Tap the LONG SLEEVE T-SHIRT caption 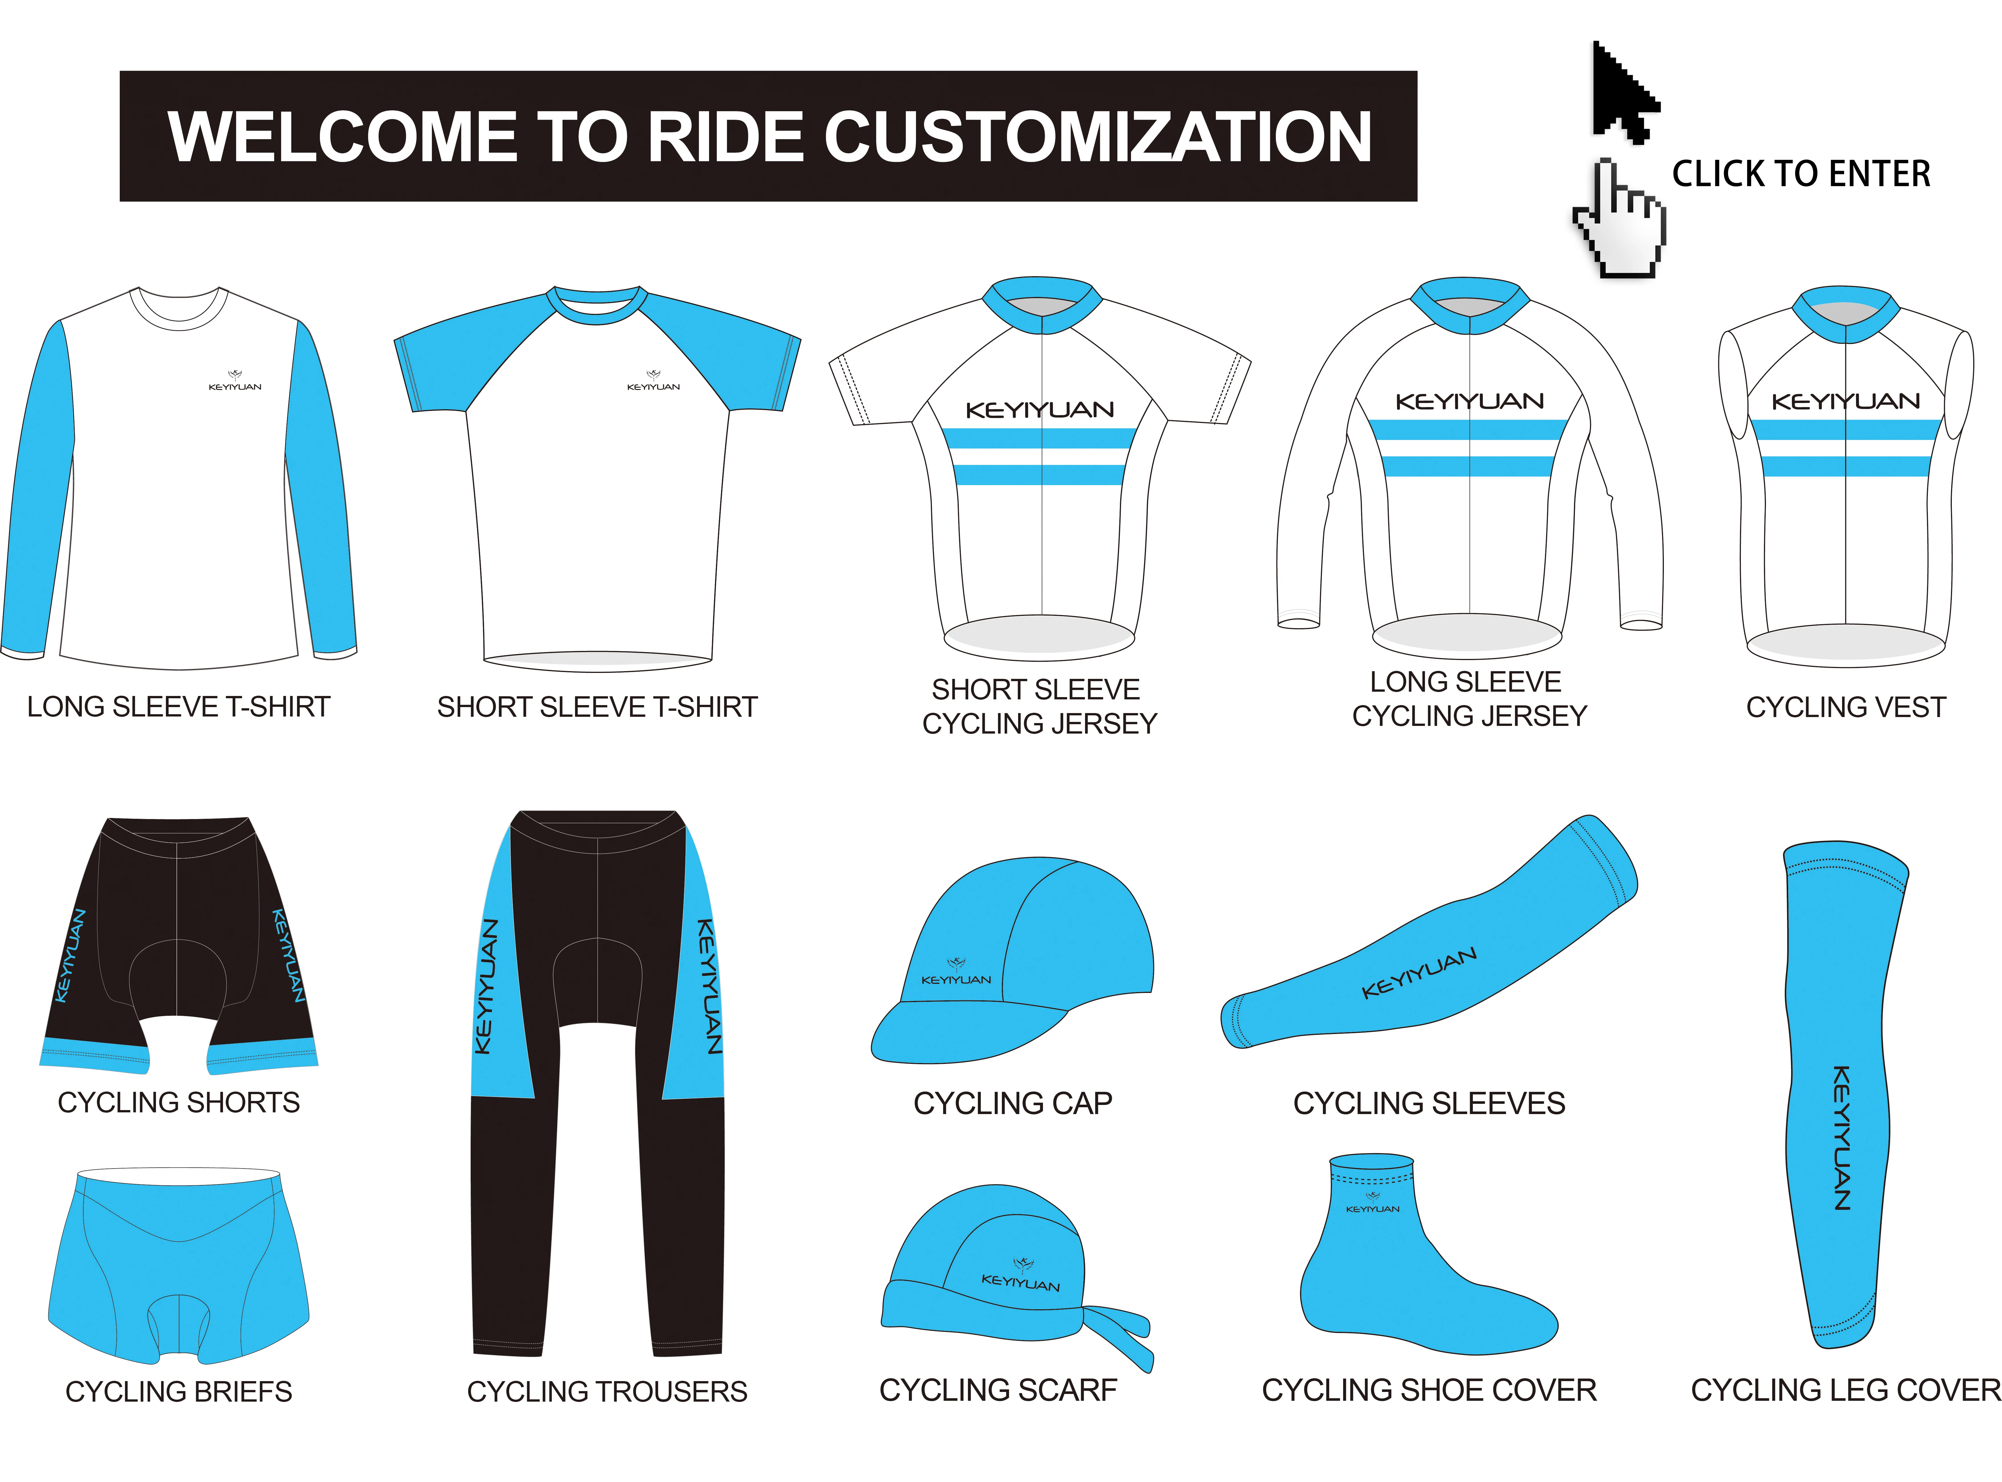[178, 707]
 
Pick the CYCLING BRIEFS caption [178, 1391]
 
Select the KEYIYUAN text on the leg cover [1841, 1137]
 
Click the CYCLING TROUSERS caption [607, 1391]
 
